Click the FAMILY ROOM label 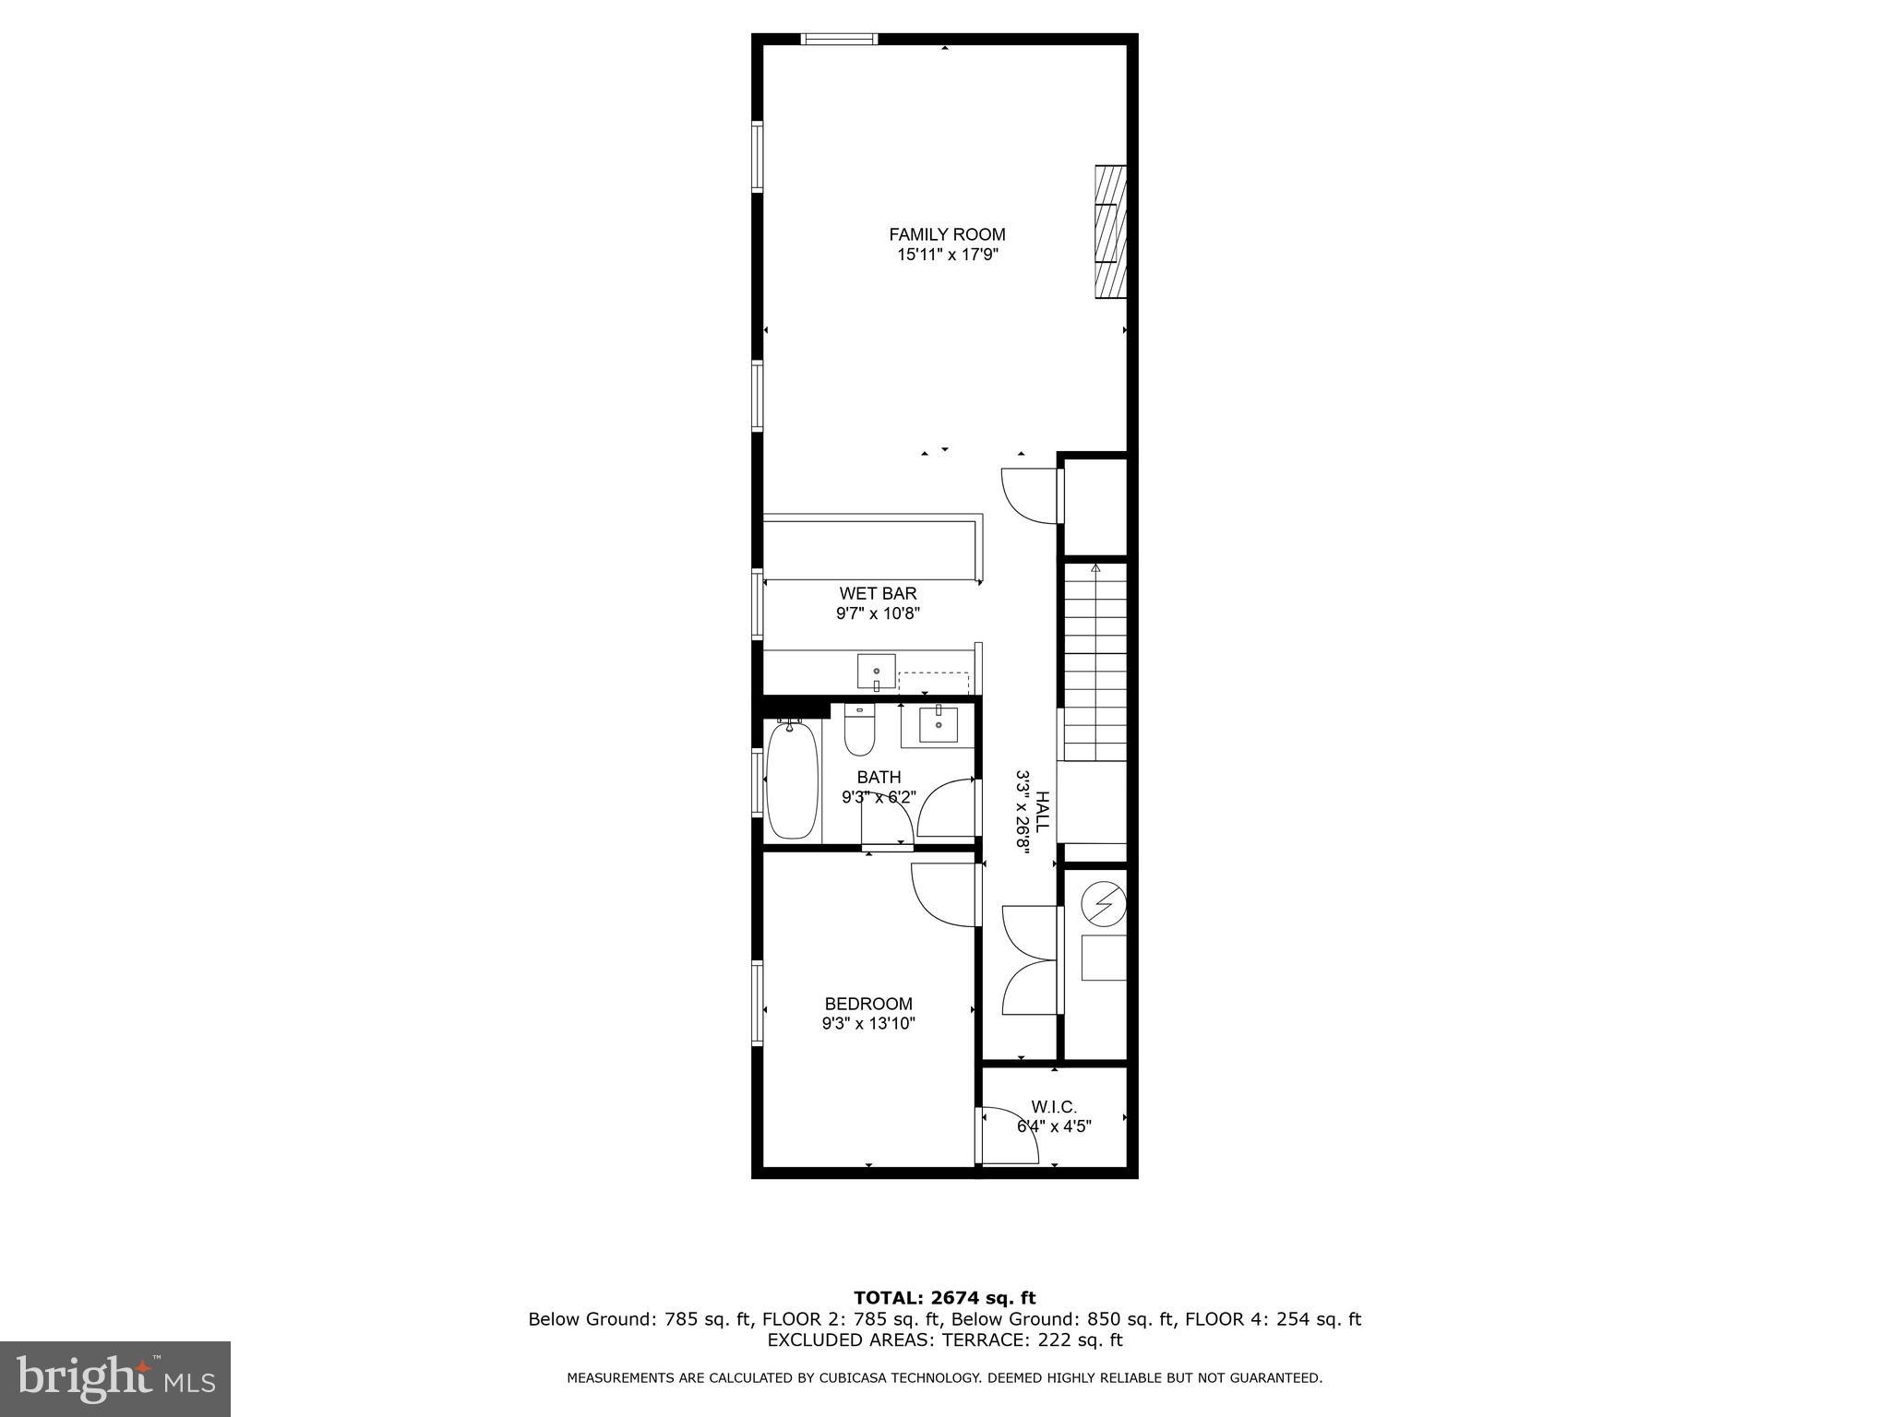click(947, 234)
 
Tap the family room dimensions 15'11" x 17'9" click(947, 256)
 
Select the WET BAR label click(878, 593)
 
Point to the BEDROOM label click(868, 1004)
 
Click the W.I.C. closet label click(1054, 1106)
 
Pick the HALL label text click(1042, 812)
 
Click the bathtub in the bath click(792, 780)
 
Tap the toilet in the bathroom click(859, 730)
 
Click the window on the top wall click(839, 39)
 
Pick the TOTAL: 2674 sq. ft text click(944, 1299)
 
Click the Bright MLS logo click(115, 1379)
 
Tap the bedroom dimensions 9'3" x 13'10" click(868, 1023)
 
